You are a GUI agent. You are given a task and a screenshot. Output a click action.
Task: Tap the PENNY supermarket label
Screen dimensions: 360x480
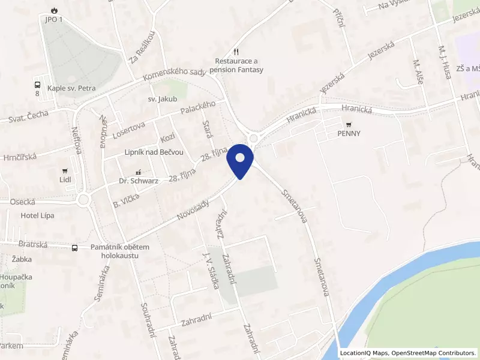349,134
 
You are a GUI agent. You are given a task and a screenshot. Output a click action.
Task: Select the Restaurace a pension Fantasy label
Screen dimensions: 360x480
239,65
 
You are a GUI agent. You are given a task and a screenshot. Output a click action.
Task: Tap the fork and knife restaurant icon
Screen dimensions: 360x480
237,52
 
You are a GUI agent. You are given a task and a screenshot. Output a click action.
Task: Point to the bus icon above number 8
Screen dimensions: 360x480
37,85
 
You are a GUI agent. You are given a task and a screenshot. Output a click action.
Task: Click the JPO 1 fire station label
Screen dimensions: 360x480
53,19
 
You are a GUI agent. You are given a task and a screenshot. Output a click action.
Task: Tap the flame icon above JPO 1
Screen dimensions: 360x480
54,10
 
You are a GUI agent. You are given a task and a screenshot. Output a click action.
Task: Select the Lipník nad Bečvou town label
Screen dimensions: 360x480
154,152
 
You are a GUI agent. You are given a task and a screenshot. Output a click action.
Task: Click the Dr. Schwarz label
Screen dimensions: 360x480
139,181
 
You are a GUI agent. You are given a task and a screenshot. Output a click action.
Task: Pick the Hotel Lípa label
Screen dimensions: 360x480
38,215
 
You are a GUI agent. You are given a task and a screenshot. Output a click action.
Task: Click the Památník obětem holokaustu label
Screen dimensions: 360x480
119,251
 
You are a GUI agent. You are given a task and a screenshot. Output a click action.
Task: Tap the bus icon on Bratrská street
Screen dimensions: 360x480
75,248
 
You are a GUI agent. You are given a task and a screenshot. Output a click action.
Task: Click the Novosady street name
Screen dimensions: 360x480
193,211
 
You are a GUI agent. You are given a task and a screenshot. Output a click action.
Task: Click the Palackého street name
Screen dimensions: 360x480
197,109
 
